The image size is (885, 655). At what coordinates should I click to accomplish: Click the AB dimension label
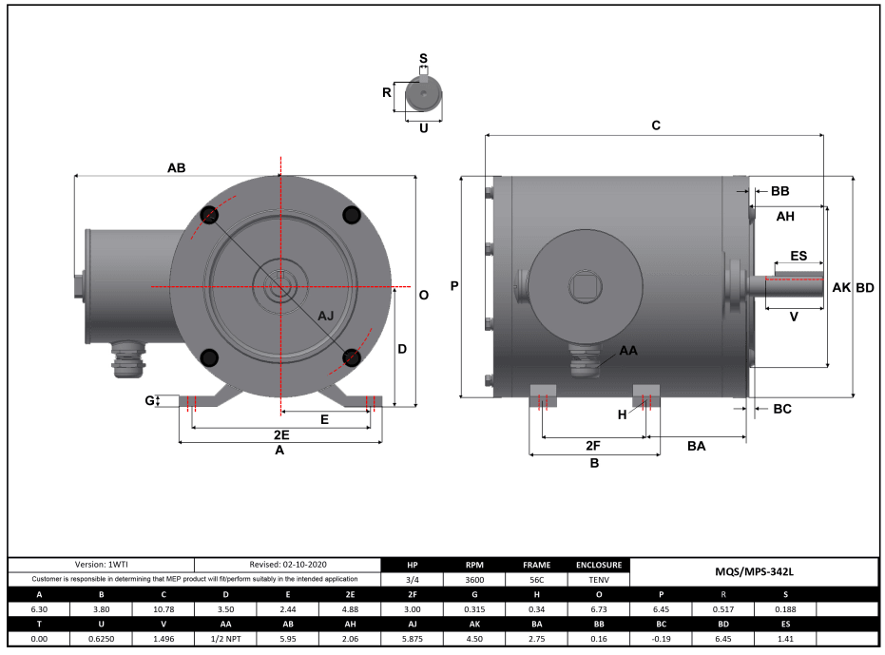tap(176, 167)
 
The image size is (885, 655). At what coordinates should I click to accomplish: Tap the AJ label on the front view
tap(326, 315)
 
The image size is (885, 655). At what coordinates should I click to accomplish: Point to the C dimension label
tap(656, 125)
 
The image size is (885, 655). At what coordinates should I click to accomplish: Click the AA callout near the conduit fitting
tap(628, 351)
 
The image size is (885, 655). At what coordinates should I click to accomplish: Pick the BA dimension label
tap(696, 446)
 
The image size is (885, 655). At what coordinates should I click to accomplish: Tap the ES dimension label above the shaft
tap(798, 257)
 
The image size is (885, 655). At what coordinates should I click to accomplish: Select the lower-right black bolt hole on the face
tap(352, 357)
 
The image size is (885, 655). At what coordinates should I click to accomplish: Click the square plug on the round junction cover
tap(581, 285)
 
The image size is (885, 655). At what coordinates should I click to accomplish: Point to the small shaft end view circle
tap(424, 95)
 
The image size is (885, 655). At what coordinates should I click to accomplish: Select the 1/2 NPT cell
tap(226, 638)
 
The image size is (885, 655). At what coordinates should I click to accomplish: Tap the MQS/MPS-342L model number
tap(754, 572)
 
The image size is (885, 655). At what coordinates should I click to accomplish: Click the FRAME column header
tap(536, 565)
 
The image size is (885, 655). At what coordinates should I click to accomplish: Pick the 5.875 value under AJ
tap(412, 638)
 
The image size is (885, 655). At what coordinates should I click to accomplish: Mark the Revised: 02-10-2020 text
tap(288, 565)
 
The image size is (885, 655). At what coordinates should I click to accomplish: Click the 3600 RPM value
tap(474, 579)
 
